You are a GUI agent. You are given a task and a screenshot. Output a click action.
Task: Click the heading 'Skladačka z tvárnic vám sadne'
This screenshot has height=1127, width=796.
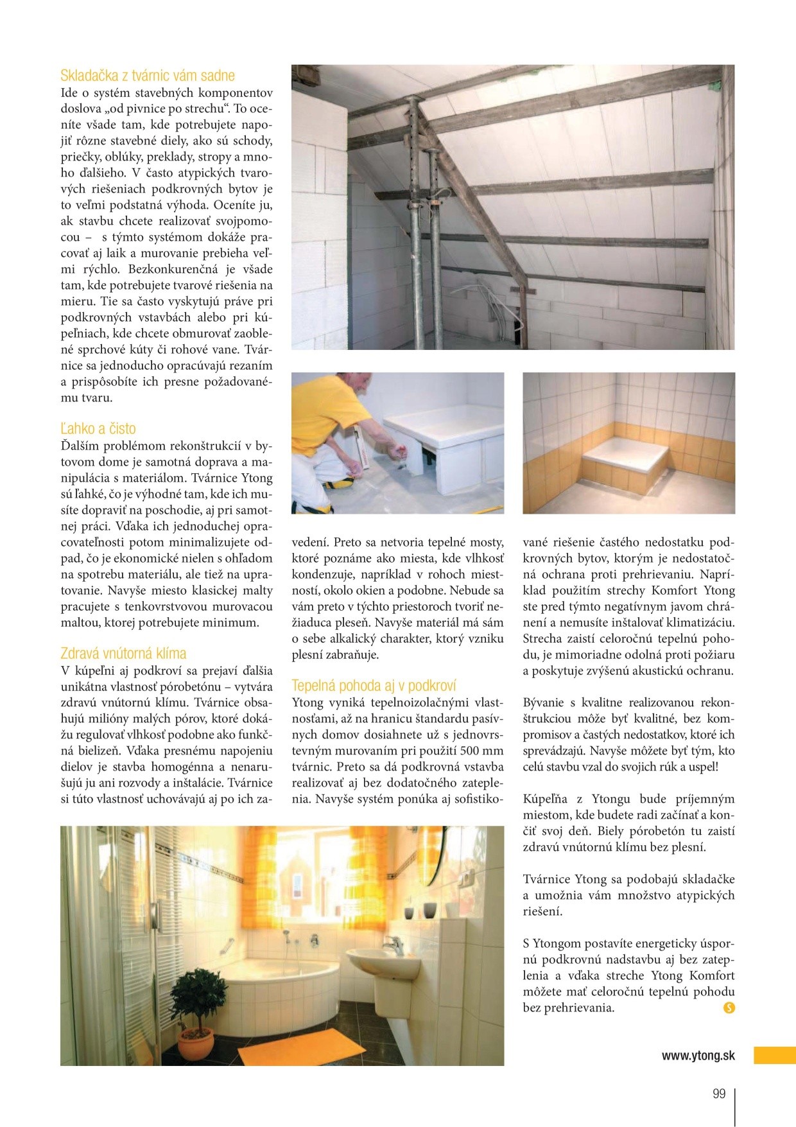[x=148, y=76]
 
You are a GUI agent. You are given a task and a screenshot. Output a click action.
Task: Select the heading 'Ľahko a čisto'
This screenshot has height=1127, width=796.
[x=98, y=429]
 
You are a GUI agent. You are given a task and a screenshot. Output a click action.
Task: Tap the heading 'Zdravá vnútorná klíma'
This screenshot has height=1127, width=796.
[x=123, y=654]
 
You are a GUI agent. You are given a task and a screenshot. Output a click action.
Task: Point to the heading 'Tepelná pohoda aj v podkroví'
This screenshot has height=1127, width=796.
[x=374, y=686]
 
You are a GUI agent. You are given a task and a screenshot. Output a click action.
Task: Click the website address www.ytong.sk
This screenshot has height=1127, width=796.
[x=698, y=1056]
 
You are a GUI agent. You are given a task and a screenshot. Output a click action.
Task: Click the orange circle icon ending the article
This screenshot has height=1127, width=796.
[x=729, y=1008]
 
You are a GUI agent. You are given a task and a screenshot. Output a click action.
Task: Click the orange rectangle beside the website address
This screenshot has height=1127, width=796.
[x=774, y=1056]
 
